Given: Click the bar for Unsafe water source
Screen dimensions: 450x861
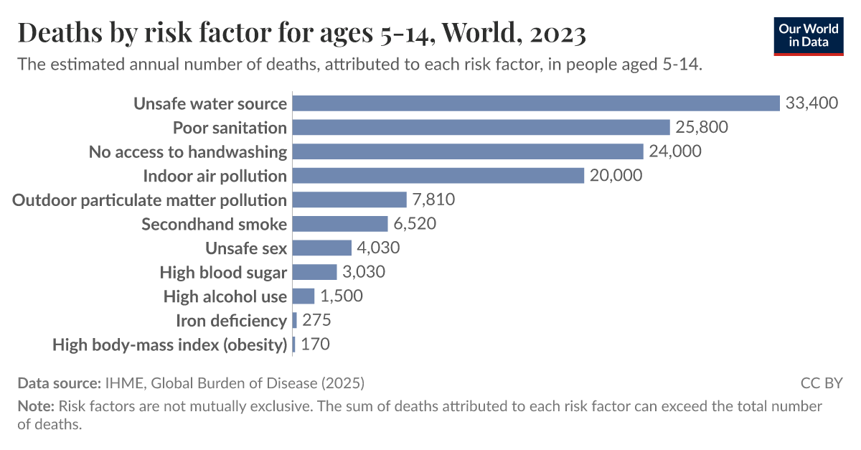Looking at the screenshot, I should click(x=536, y=103).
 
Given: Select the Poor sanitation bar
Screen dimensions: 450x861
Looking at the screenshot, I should click(x=481, y=128).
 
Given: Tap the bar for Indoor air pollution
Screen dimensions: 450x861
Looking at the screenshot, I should click(x=438, y=176).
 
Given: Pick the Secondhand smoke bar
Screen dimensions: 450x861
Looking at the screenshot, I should click(x=340, y=224).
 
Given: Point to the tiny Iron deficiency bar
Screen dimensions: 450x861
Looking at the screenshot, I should click(x=295, y=320).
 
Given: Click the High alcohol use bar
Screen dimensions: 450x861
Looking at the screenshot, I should click(x=304, y=296).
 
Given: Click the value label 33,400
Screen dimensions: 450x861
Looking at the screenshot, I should click(x=811, y=103).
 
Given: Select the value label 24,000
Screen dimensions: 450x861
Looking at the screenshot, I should click(x=675, y=151).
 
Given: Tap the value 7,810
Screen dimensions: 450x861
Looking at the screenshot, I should click(x=433, y=200).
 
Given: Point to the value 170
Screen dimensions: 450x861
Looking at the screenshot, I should click(x=316, y=344).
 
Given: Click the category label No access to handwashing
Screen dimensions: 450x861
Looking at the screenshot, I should click(x=188, y=151).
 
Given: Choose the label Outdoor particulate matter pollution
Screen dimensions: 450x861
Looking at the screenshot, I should click(x=150, y=200).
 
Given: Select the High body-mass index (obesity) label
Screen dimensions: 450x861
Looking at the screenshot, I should click(x=170, y=344).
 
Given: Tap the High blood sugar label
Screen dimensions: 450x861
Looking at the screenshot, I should click(x=223, y=272).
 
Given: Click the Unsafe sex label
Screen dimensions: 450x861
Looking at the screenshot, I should click(x=246, y=248).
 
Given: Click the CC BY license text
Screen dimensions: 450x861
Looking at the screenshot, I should click(x=822, y=383).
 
